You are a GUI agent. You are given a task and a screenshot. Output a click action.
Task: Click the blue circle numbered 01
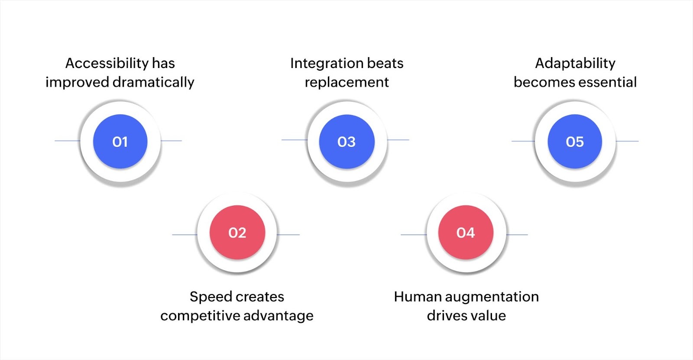tap(120, 142)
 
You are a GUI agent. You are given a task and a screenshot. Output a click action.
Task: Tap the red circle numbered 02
tap(237, 233)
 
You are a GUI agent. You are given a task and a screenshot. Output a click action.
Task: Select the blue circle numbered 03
tap(346, 142)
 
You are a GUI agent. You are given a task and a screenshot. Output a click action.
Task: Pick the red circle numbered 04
tap(466, 233)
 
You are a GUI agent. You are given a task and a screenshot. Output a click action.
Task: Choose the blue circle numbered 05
tap(575, 142)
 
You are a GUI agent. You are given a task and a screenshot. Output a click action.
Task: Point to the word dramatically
tap(153, 82)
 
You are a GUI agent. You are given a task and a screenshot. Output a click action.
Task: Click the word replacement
tap(346, 82)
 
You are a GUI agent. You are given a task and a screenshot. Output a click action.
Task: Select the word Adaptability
tap(575, 63)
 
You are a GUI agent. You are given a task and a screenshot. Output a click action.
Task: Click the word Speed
tap(206, 297)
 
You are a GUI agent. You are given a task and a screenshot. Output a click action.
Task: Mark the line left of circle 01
tap(67, 140)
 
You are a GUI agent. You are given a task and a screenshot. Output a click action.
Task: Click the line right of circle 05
tap(627, 141)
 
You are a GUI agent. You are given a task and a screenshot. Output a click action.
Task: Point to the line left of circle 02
tap(185, 235)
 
